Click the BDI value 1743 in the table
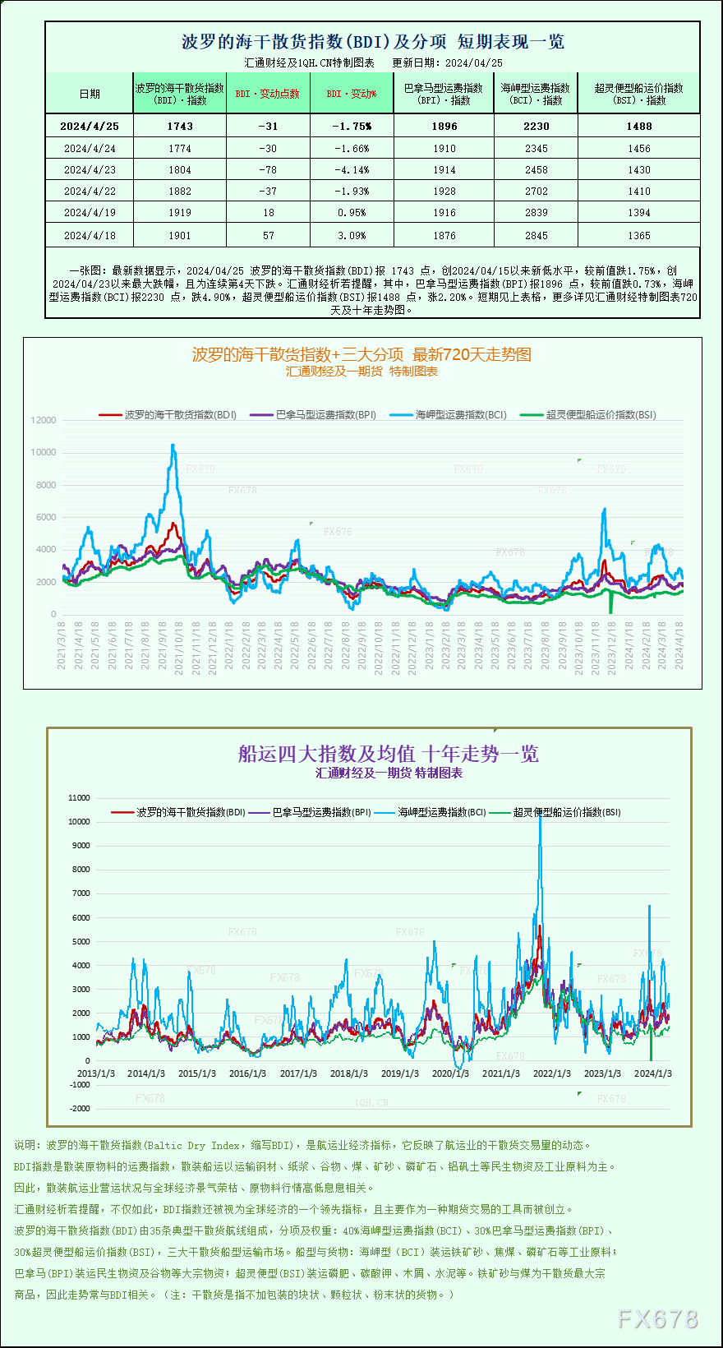coord(179,126)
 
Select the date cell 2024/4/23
coord(90,170)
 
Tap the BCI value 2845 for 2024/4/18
coord(536,235)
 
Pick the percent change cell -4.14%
coord(352,170)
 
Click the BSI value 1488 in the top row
coord(638,126)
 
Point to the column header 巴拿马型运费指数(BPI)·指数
coord(444,94)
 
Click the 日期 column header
coord(90,94)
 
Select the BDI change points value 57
coord(268,235)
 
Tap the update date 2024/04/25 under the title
coord(473,62)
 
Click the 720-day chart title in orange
coord(361,354)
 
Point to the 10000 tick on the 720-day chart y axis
coord(44,452)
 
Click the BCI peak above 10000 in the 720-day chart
coord(173,446)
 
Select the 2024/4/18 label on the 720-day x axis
coord(679,645)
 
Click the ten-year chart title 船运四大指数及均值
coord(388,754)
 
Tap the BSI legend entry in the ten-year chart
coord(567,812)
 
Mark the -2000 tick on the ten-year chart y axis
coord(80,1108)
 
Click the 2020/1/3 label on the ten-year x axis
coord(450,1073)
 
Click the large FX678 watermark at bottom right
coord(657,1319)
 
